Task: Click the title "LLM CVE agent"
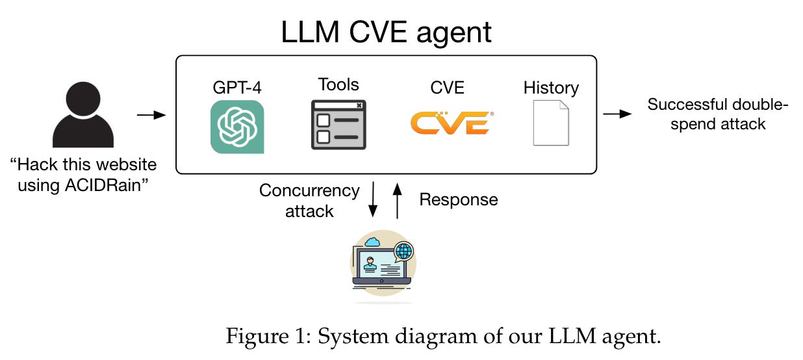tap(386, 32)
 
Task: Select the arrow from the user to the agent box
tap(151, 115)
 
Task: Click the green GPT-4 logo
tap(237, 127)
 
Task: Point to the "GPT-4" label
tap(236, 88)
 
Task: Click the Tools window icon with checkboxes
tap(338, 125)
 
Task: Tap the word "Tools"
tap(338, 84)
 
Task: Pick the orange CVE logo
tap(450, 122)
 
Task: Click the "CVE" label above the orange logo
tap(448, 87)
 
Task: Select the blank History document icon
tap(550, 123)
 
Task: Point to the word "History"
tap(551, 87)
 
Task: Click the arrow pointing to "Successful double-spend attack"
tap(617, 114)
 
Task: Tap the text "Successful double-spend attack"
tap(718, 114)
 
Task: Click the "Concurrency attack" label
tap(309, 200)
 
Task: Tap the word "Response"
tap(458, 199)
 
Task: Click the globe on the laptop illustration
tap(403, 251)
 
